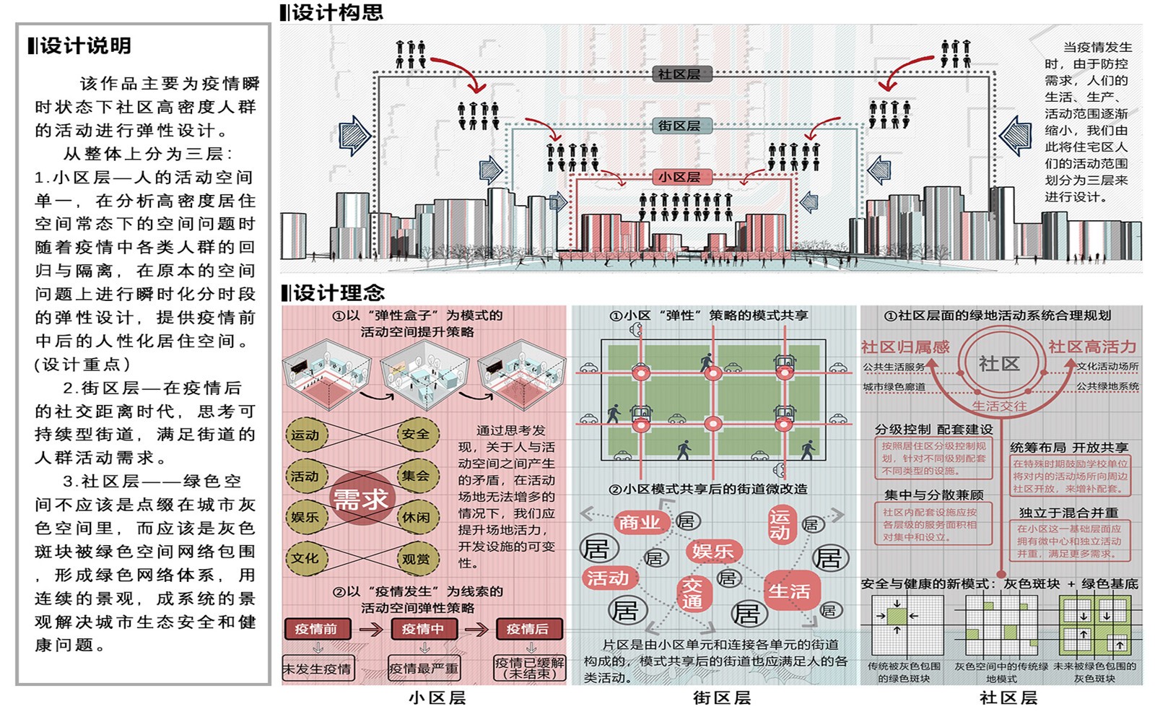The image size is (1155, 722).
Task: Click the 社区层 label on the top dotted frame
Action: (x=679, y=74)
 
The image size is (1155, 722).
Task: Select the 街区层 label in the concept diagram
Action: (x=679, y=126)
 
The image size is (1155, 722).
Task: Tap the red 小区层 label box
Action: (x=679, y=177)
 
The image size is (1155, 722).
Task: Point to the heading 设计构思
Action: (x=336, y=12)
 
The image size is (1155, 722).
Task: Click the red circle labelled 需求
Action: (x=361, y=498)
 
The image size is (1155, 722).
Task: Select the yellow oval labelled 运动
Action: (x=306, y=435)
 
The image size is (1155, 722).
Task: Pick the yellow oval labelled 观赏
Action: (x=417, y=558)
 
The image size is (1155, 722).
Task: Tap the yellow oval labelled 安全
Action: (x=417, y=435)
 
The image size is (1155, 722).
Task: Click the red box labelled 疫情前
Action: (x=316, y=629)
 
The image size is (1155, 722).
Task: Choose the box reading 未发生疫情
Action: (x=317, y=669)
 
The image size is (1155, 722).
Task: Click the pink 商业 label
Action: (x=640, y=521)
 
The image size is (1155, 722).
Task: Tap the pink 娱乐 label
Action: (x=712, y=552)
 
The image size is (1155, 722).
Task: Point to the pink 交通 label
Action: (x=692, y=593)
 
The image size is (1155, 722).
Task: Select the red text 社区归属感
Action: (x=905, y=347)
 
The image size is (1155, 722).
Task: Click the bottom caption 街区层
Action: (x=722, y=698)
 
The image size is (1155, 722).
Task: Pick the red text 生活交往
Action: (x=999, y=406)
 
